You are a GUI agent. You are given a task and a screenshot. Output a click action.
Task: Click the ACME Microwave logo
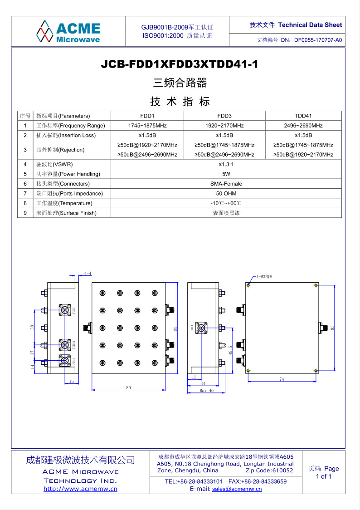pos(68,31)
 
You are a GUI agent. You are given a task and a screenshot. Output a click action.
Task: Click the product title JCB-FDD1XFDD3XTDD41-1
pos(180,64)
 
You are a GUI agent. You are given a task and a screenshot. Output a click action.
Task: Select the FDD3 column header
pos(224,116)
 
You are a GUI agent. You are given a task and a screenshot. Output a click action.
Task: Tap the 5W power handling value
pos(226,174)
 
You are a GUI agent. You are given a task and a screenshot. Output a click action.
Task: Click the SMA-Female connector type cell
pos(226,184)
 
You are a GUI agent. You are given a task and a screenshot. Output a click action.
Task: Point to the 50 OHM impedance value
pos(226,193)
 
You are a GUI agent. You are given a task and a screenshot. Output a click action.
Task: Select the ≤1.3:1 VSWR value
pos(226,164)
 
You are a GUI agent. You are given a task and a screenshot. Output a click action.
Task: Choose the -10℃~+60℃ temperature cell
pos(226,203)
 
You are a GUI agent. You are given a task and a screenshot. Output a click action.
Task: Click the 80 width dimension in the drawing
pos(128,387)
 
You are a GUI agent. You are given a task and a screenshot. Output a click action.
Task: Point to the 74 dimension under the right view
pos(282,379)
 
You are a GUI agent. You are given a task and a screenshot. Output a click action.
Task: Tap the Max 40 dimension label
pos(206,391)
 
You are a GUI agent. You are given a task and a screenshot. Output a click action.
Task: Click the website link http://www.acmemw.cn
pos(80,489)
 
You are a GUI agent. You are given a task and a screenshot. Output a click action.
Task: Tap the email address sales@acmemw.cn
pos(237,489)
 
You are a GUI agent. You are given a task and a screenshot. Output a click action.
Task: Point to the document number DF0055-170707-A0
pos(318,40)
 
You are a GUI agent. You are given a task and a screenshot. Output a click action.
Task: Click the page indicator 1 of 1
pos(323,476)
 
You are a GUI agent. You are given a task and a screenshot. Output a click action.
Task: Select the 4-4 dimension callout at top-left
pos(88,274)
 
